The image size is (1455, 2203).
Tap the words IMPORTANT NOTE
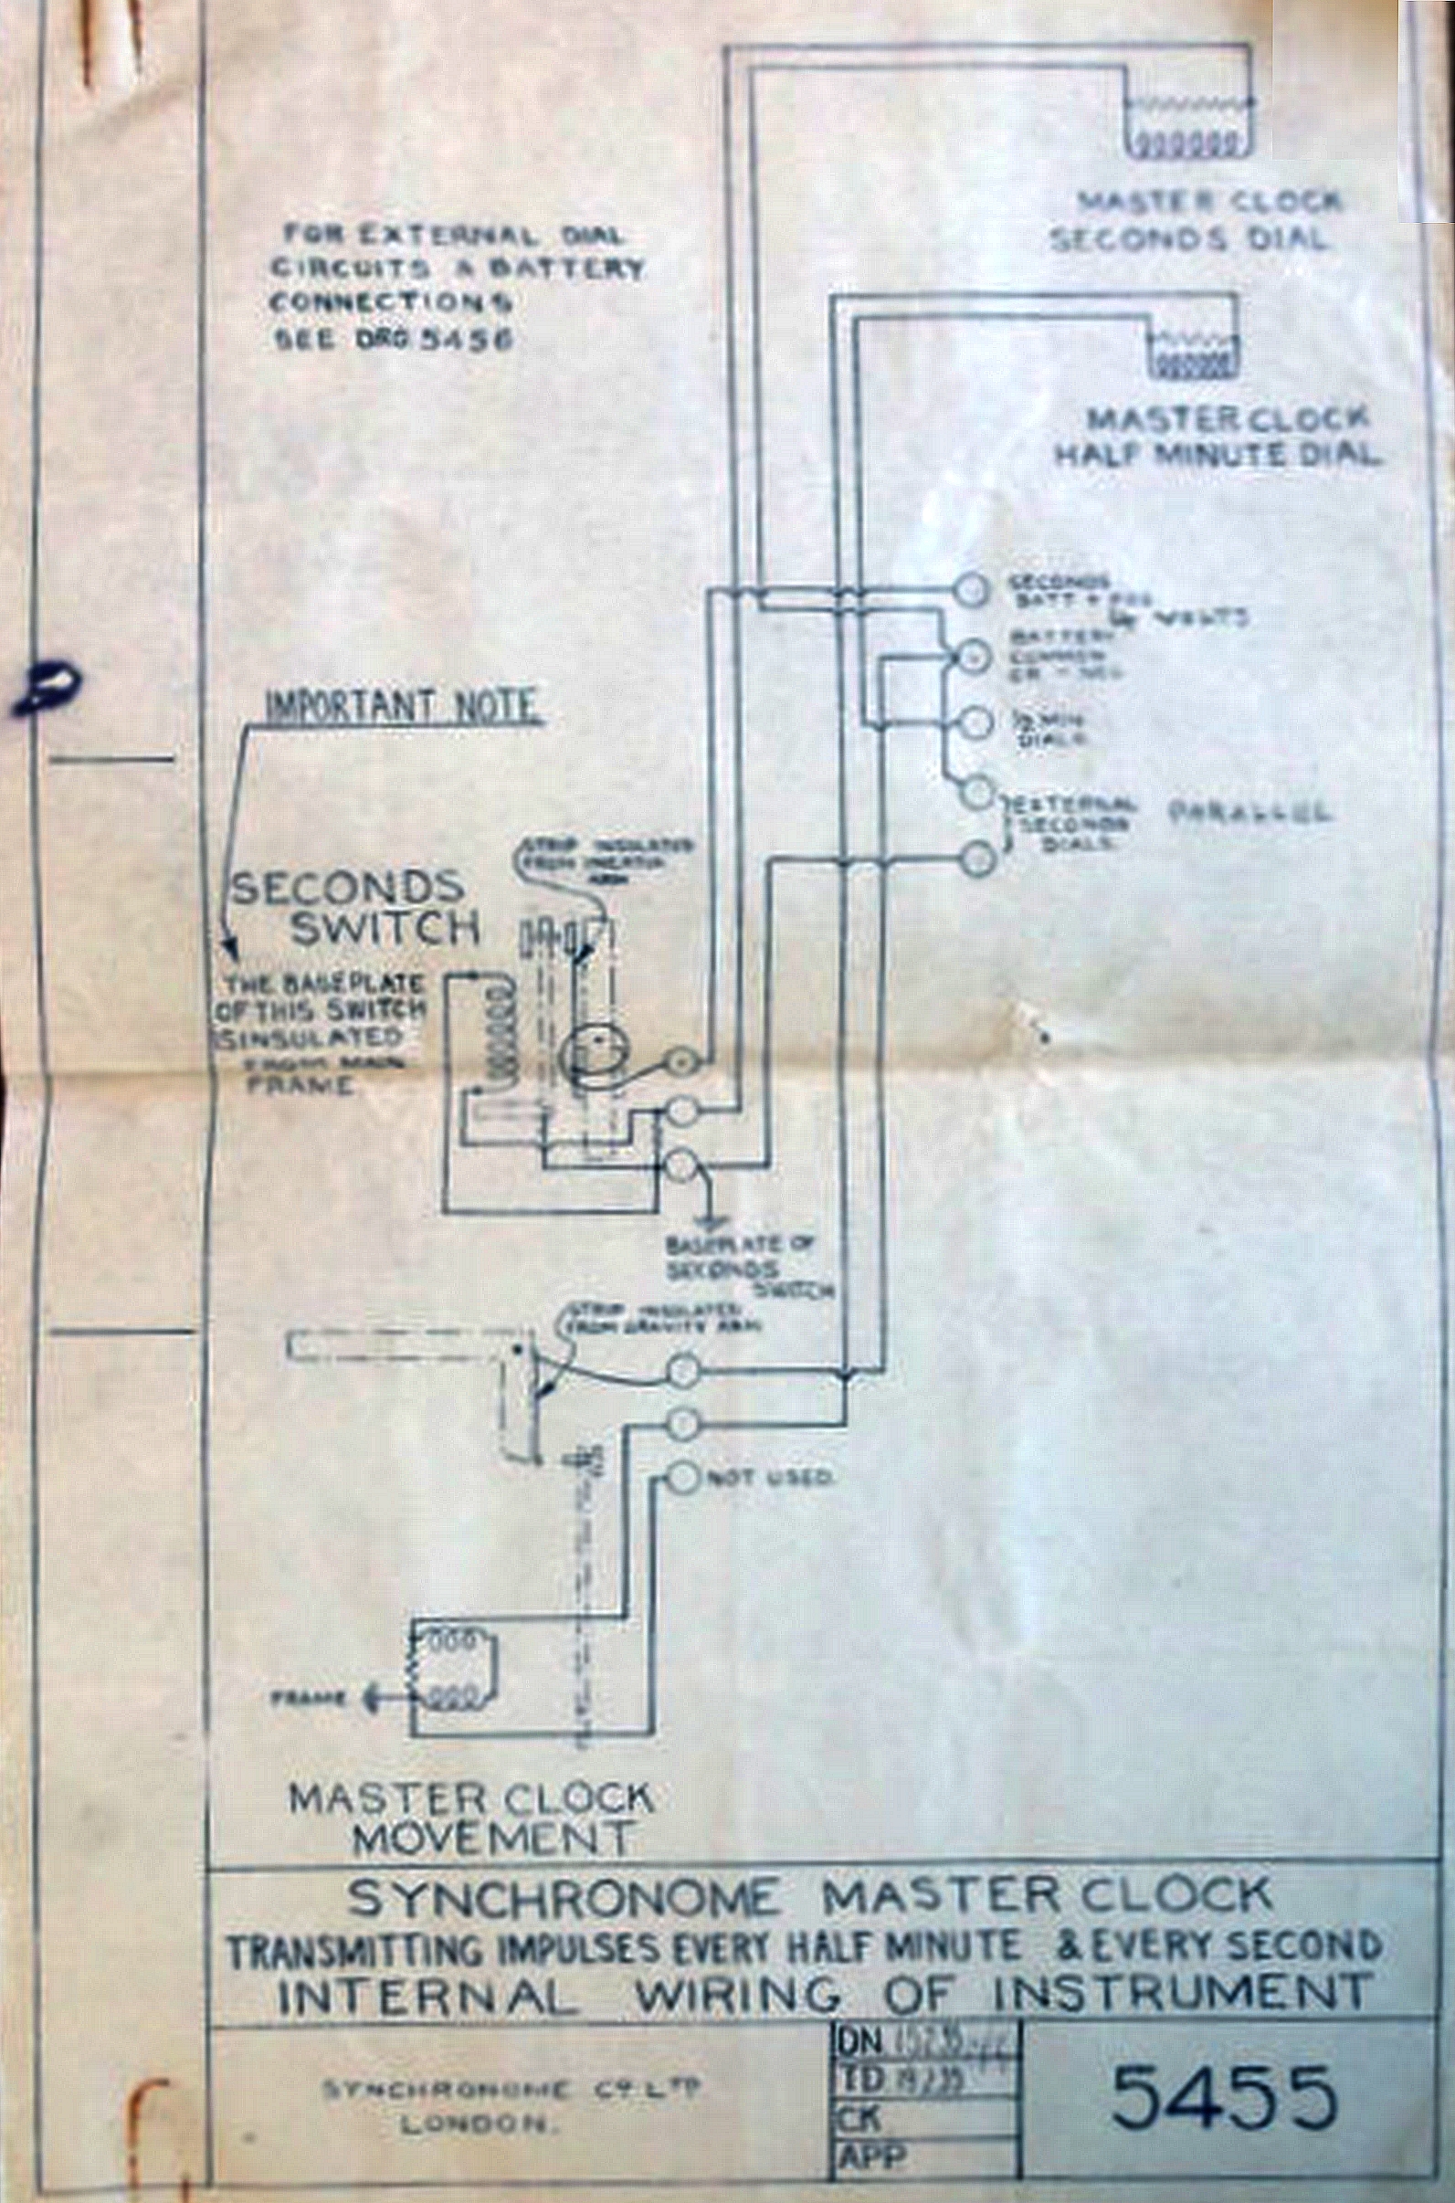pos(401,706)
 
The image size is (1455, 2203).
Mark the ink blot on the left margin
pos(44,688)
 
